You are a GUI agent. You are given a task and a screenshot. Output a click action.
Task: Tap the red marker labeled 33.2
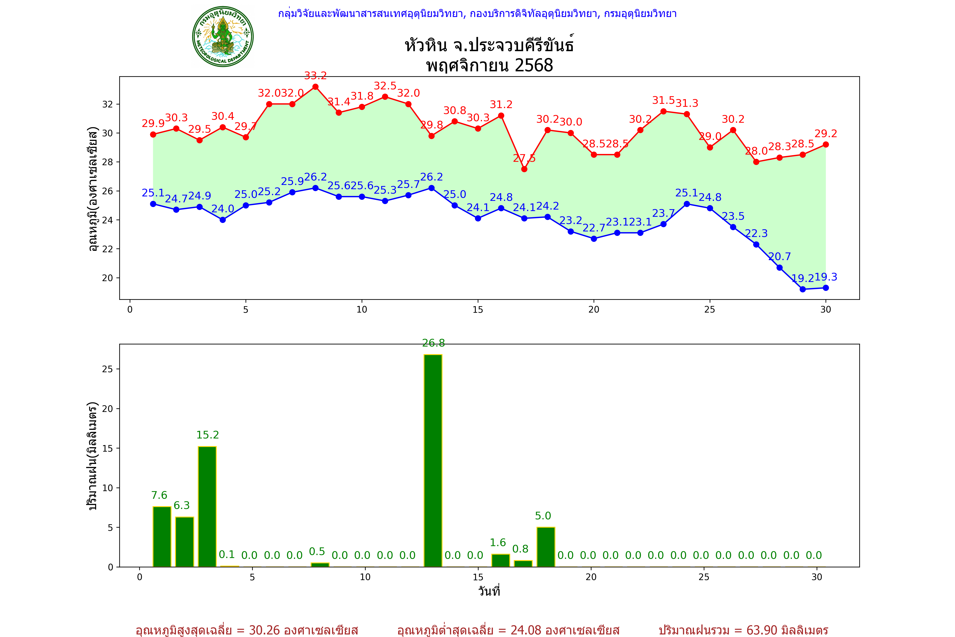316,87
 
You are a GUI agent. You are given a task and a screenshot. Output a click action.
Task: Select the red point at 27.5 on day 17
524,169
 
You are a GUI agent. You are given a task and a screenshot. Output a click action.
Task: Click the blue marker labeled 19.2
803,289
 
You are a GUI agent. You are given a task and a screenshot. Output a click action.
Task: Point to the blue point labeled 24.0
222,220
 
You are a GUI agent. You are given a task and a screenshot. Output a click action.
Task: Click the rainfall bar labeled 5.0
546,547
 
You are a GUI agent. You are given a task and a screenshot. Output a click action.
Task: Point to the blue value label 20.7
779,257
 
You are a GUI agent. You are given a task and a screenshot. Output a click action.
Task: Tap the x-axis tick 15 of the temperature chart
478,310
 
